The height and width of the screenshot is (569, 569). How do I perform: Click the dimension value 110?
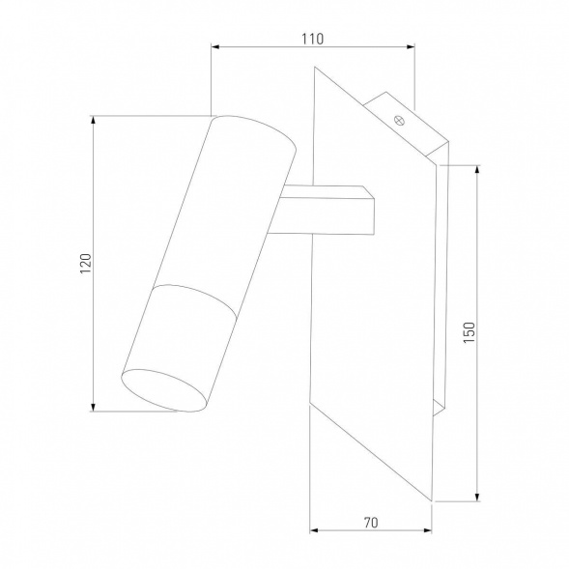(x=312, y=39)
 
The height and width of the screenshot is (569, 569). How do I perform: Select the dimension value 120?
(x=85, y=263)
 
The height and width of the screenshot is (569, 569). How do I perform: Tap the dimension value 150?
(x=469, y=332)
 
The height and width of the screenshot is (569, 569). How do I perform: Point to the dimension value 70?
(x=371, y=523)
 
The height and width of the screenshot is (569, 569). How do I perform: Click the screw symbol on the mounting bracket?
(x=399, y=120)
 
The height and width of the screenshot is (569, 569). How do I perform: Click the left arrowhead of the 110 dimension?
(x=215, y=46)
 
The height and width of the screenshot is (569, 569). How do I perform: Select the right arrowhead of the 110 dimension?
(x=411, y=46)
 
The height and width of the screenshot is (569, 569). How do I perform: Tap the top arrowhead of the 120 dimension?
(x=94, y=121)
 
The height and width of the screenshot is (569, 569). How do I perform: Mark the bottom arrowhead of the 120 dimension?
(x=94, y=407)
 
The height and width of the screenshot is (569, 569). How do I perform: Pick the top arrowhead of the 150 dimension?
(x=477, y=170)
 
